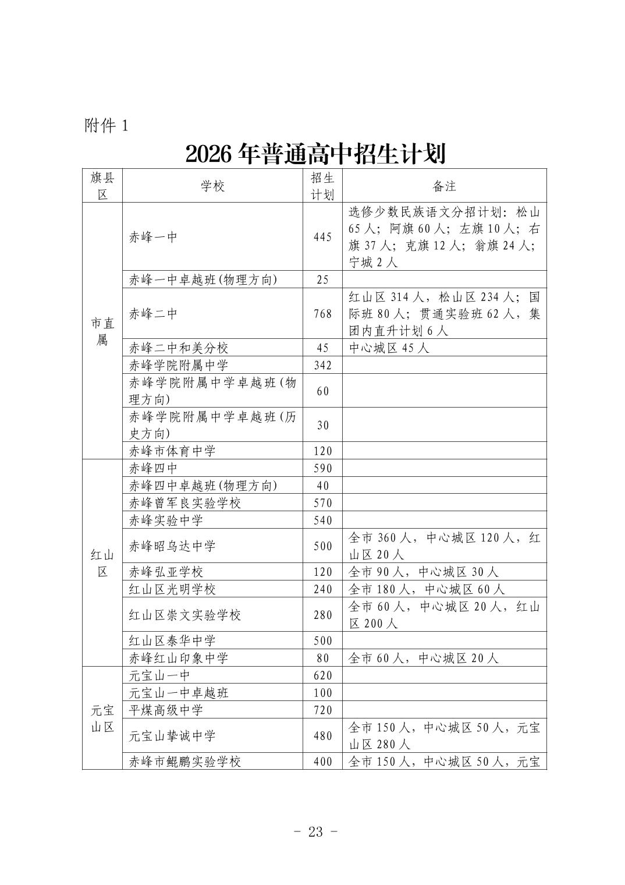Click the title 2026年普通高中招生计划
click(x=315, y=154)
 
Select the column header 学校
click(x=212, y=186)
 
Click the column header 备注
click(x=444, y=186)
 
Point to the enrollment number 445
click(x=322, y=237)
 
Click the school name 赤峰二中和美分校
click(x=179, y=348)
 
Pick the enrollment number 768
click(x=322, y=314)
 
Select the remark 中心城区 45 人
click(x=389, y=348)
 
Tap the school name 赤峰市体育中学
click(x=172, y=451)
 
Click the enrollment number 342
click(x=322, y=366)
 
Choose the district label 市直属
click(x=102, y=331)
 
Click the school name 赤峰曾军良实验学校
click(x=185, y=502)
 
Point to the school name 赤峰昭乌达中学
click(x=172, y=546)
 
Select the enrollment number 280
click(x=322, y=615)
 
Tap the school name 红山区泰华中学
click(x=172, y=641)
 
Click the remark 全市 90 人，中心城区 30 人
click(x=424, y=572)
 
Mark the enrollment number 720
click(x=322, y=710)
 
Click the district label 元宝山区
click(x=102, y=718)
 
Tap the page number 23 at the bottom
click(x=315, y=831)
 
